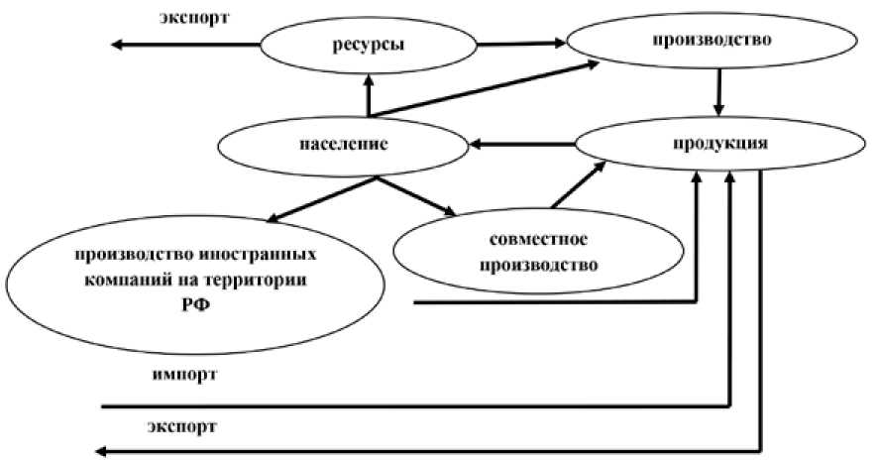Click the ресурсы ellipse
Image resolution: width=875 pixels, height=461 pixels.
click(369, 45)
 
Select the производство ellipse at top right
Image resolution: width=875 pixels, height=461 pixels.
click(712, 42)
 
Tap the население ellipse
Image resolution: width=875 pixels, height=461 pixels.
click(342, 145)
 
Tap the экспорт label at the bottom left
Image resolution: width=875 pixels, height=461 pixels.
click(184, 427)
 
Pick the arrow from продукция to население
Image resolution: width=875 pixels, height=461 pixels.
click(521, 145)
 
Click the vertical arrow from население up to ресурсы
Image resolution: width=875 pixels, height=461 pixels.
click(368, 94)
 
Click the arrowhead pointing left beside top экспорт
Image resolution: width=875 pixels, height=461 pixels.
click(117, 45)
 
